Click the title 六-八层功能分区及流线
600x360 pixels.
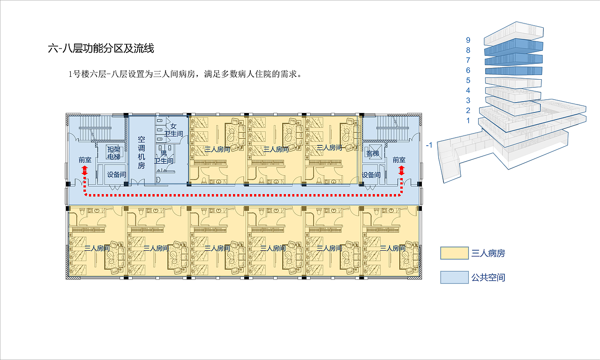tap(101, 48)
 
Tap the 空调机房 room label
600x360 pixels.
tap(141, 152)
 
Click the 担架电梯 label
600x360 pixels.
tap(113, 153)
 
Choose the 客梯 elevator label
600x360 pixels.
tap(372, 153)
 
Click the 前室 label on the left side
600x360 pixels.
tap(85, 160)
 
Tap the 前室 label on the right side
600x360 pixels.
tap(399, 160)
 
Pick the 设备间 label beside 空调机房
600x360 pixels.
tap(116, 175)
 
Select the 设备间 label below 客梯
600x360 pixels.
tap(371, 175)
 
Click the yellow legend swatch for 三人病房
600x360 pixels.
tap(454, 253)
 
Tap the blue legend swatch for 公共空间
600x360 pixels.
tap(454, 277)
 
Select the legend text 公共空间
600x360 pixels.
tap(488, 277)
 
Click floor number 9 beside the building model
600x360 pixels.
tap(468, 40)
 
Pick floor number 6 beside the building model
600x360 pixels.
tap(468, 70)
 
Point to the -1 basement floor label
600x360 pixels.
tap(429, 145)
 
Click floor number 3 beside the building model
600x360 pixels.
tap(468, 100)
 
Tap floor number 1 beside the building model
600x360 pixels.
tap(468, 120)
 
